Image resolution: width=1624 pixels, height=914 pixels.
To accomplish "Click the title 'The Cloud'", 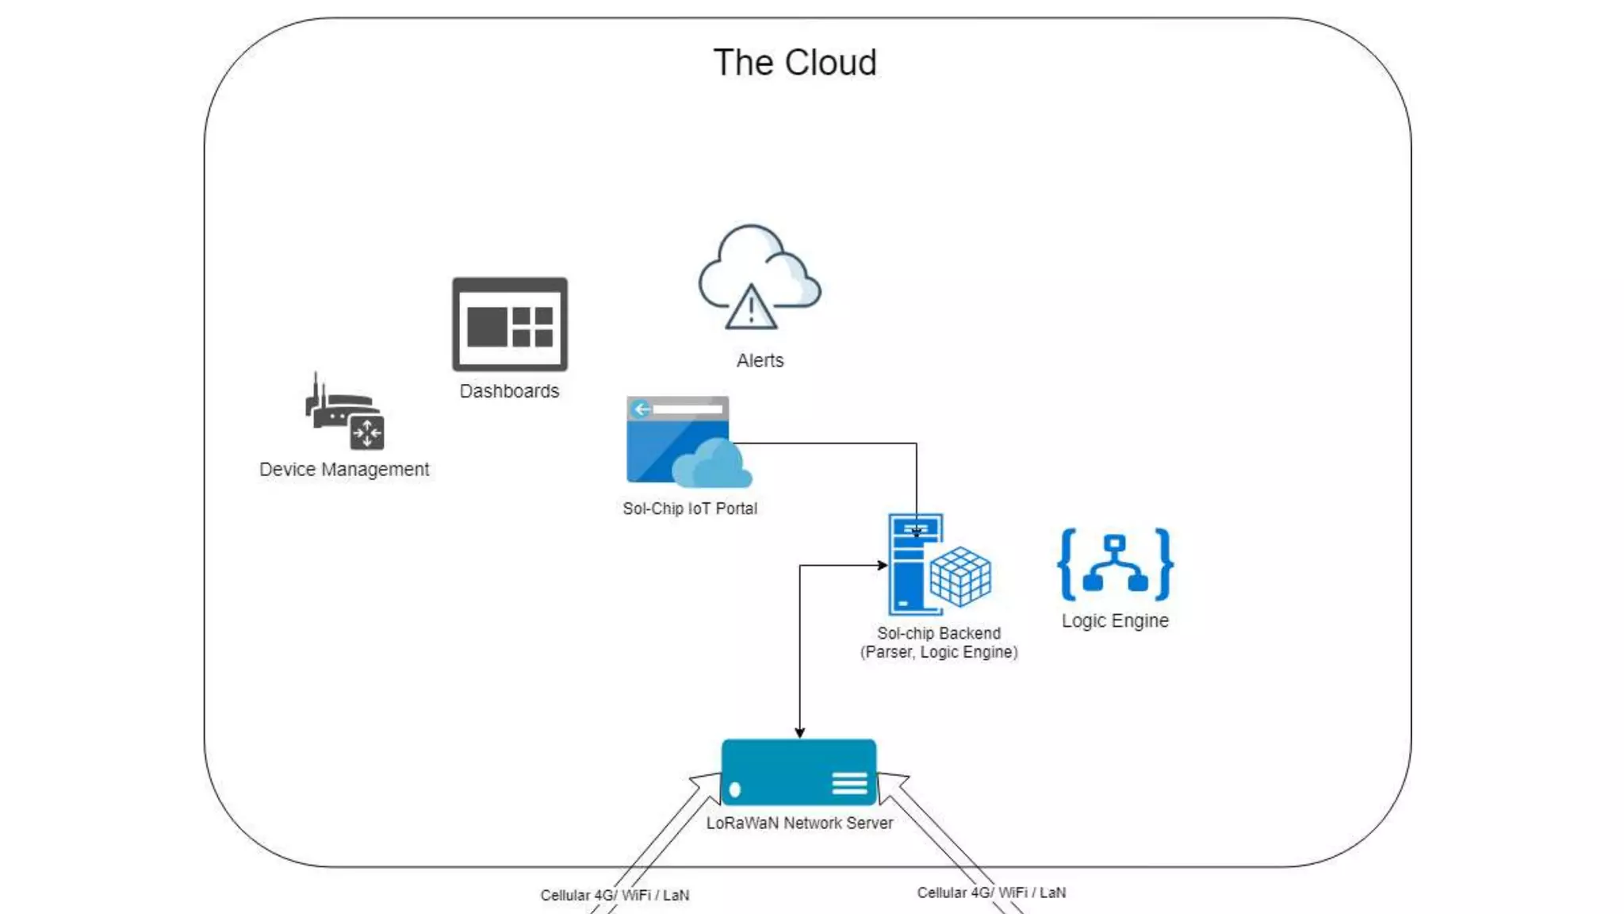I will (x=795, y=63).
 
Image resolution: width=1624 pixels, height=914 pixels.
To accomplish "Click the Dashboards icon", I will (x=510, y=325).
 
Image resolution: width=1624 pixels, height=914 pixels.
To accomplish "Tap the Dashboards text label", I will (x=509, y=391).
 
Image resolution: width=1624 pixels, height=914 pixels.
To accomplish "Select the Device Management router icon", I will (x=344, y=413).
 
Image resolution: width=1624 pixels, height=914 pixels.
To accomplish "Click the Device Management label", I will (x=344, y=470).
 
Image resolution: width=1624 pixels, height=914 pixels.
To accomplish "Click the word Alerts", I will (x=760, y=361).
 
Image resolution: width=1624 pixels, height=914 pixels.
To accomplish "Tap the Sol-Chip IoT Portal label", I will (x=689, y=509).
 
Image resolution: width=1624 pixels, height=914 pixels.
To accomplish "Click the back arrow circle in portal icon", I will (x=642, y=409).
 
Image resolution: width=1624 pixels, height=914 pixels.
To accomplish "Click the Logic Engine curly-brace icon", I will (x=1115, y=564).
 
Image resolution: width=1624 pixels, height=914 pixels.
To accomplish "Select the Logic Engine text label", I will (x=1115, y=620).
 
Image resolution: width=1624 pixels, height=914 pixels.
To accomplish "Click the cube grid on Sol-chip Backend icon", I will (x=960, y=577).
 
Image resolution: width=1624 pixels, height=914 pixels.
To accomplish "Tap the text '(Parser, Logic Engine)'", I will (x=939, y=652).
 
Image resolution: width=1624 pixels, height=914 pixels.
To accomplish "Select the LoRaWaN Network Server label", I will (x=799, y=824).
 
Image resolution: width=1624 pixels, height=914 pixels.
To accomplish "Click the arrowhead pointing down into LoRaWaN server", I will (x=799, y=732).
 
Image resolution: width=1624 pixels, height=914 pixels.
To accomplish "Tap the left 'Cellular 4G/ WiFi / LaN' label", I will (x=615, y=895).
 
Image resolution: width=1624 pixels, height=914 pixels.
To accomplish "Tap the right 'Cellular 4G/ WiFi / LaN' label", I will (x=991, y=893).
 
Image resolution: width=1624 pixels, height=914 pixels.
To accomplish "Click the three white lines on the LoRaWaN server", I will (x=849, y=784).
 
